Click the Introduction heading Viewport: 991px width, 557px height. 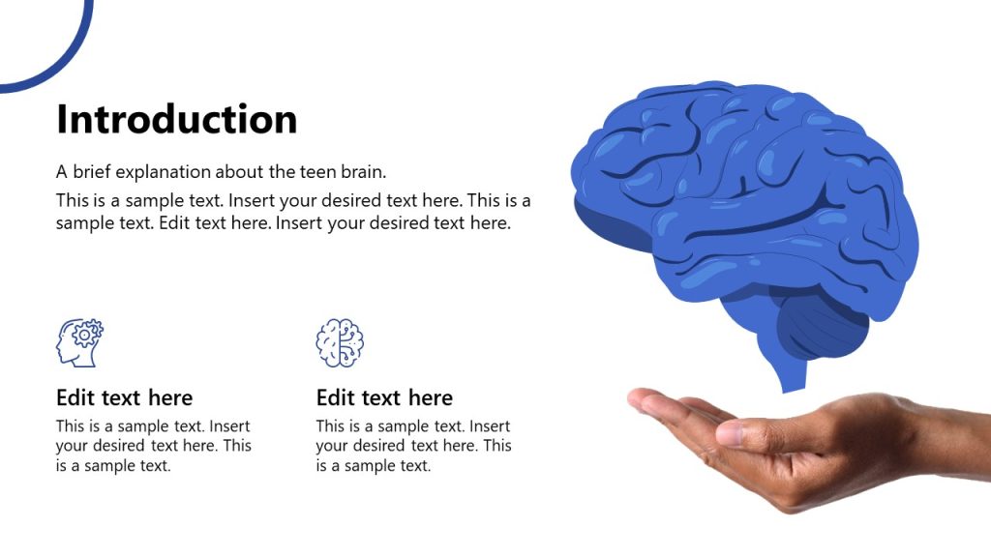[177, 120]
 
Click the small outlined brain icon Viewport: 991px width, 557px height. [340, 342]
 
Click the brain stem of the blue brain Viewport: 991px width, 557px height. [792, 371]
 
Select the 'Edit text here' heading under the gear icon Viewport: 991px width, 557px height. [124, 397]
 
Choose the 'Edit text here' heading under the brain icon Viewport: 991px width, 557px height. [384, 397]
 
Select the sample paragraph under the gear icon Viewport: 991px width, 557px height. [153, 446]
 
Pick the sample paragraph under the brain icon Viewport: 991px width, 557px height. [413, 446]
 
